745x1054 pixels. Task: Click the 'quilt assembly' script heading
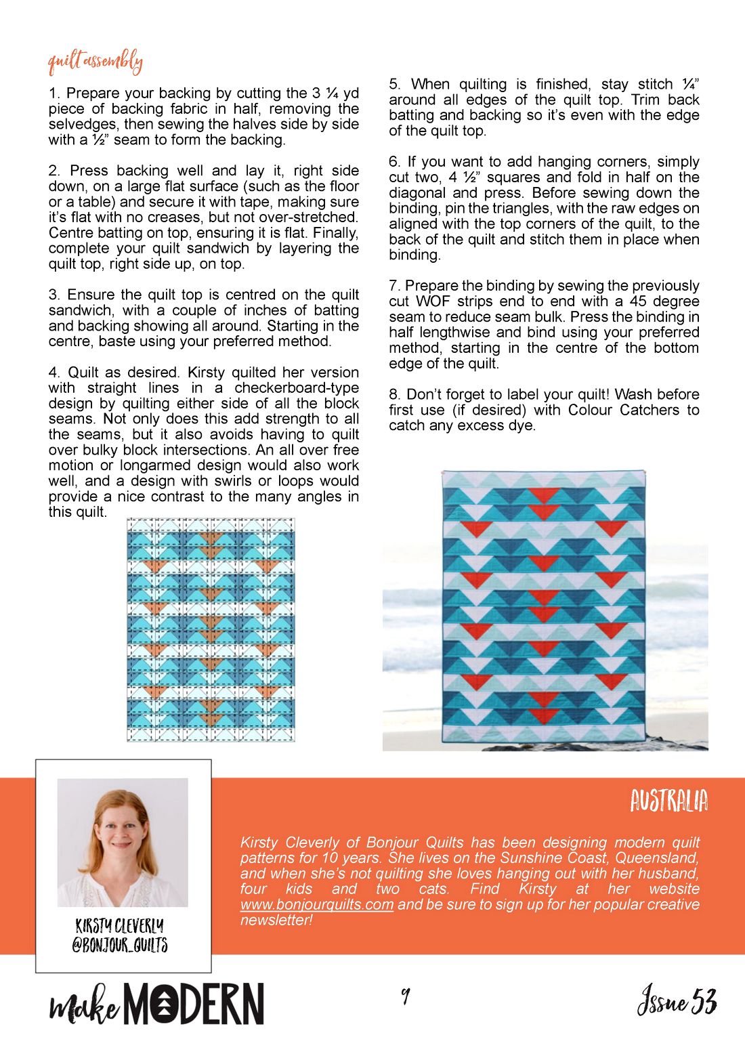(95, 62)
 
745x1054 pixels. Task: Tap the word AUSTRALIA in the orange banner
(668, 801)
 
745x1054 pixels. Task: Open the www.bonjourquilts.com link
(316, 905)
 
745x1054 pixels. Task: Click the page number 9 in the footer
(405, 996)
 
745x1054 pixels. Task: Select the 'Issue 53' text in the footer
(676, 1002)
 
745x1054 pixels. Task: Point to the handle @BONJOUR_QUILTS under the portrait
(120, 945)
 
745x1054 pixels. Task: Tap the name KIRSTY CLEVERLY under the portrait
(120, 926)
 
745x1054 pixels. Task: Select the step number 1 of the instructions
(53, 93)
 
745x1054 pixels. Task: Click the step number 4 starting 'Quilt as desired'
(54, 373)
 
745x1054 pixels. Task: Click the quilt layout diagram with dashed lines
(211, 630)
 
